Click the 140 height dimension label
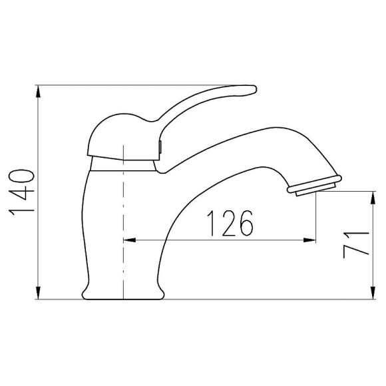(21, 190)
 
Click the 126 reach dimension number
(230, 223)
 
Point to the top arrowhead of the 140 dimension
(38, 92)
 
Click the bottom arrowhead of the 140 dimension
(38, 293)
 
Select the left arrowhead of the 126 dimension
(130, 240)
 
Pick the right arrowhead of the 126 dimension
(309, 240)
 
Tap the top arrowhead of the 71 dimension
(373, 198)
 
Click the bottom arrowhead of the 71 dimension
(373, 293)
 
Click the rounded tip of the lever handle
(254, 89)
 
